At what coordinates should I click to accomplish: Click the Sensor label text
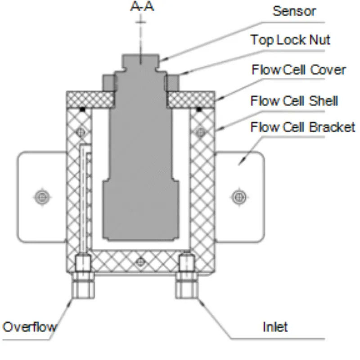pyautogui.click(x=294, y=11)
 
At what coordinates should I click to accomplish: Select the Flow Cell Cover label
pyautogui.click(x=299, y=70)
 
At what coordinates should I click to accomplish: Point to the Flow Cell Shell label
pyautogui.click(x=294, y=100)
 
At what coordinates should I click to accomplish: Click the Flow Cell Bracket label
pyautogui.click(x=302, y=127)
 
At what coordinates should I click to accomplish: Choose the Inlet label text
pyautogui.click(x=275, y=326)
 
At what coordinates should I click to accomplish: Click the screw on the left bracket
pyautogui.click(x=42, y=196)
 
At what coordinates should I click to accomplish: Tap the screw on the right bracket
pyautogui.click(x=238, y=196)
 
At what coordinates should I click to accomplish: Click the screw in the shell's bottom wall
pyautogui.click(x=141, y=261)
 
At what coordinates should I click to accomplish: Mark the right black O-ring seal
pyautogui.click(x=198, y=109)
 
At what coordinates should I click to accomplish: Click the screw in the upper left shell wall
pyautogui.click(x=81, y=131)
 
